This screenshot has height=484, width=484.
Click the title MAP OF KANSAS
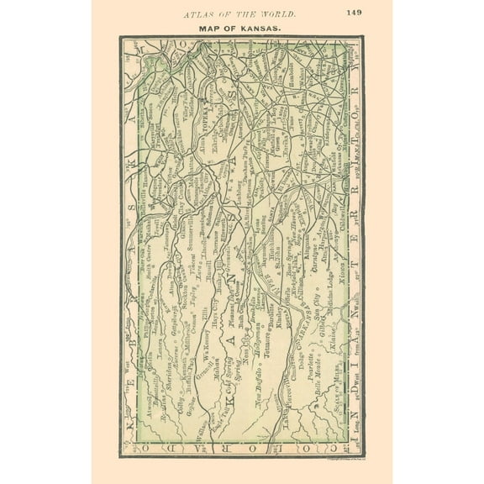pos(240,28)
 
